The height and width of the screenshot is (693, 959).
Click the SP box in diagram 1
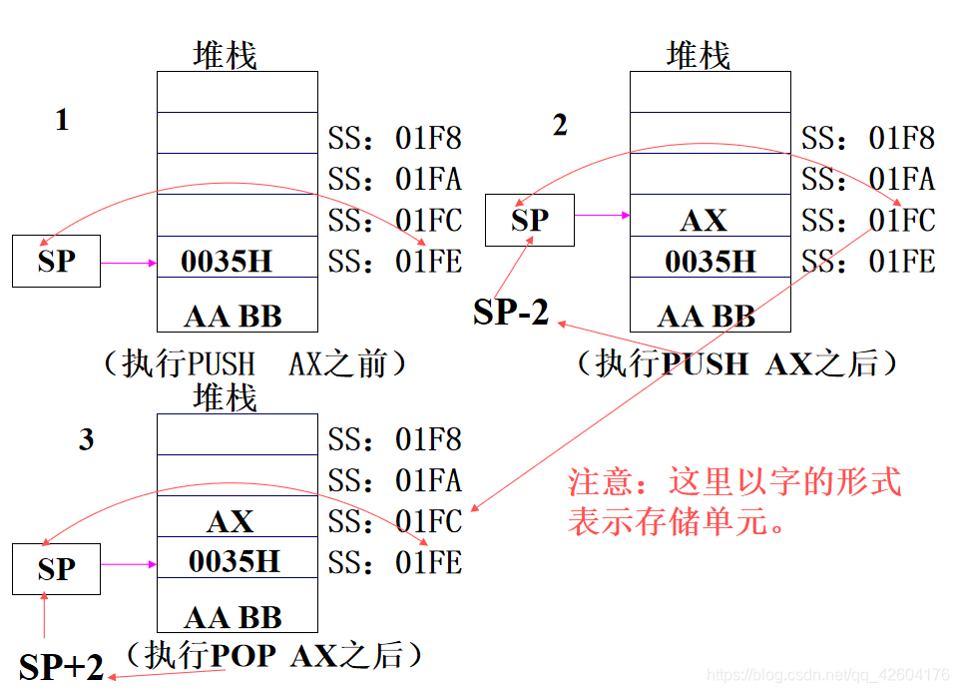click(56, 262)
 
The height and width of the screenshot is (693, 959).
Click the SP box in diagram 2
click(530, 220)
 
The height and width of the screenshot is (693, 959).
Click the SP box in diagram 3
click(56, 569)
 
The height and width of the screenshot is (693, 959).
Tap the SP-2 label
click(511, 313)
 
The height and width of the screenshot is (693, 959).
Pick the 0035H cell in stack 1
click(227, 262)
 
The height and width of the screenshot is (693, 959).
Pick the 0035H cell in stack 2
click(711, 262)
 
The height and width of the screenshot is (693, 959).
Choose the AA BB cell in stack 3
click(234, 617)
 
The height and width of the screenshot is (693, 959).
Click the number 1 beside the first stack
click(62, 121)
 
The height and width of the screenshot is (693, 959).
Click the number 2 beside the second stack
click(560, 125)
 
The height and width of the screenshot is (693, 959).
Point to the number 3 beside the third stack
click(87, 439)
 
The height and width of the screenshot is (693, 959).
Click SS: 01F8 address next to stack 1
click(395, 138)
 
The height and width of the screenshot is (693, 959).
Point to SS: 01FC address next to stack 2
click(868, 220)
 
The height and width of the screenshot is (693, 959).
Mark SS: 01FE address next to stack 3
click(395, 563)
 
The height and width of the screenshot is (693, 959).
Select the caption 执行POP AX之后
click(274, 655)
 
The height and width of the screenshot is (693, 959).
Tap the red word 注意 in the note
click(601, 482)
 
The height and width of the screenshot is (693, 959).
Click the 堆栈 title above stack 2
click(699, 55)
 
